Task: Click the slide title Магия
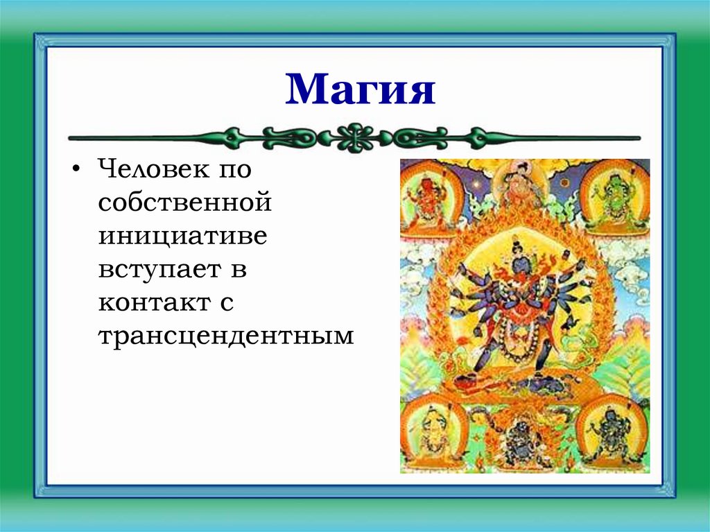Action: coord(360,89)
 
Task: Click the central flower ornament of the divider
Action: coord(355,137)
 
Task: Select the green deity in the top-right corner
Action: coord(614,196)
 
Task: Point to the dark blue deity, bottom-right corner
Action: coord(610,434)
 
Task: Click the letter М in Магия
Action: coord(305,90)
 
